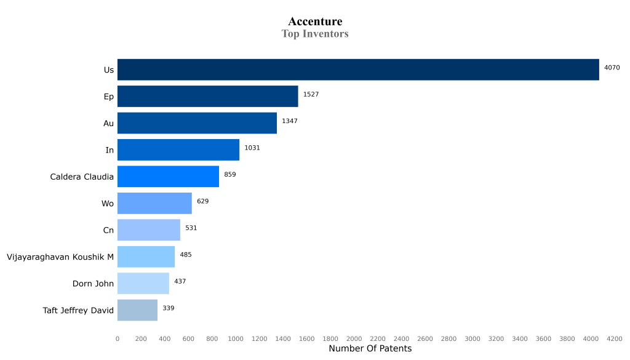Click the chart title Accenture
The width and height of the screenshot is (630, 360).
[315, 22]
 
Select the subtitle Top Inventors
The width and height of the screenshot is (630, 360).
[315, 34]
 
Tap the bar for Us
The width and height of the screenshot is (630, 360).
[358, 70]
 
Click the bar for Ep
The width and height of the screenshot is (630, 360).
[207, 97]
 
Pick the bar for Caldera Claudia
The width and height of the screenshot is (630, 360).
[168, 177]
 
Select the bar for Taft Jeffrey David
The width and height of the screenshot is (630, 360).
[137, 310]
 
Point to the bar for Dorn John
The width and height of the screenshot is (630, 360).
[143, 284]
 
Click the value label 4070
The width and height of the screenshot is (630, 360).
[612, 68]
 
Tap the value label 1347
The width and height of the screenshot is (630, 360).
[289, 121]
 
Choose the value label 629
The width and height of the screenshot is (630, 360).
[203, 201]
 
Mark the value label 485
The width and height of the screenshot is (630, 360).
[186, 255]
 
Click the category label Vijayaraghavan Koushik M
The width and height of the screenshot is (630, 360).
[60, 257]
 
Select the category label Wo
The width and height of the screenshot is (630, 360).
[108, 204]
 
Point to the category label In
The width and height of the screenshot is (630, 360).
[110, 150]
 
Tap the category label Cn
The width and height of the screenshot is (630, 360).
[108, 230]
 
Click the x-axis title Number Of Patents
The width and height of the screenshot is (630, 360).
[370, 349]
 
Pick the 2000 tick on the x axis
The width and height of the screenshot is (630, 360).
[354, 338]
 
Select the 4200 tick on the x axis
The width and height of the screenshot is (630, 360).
[614, 338]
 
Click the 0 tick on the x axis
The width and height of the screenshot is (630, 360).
[118, 338]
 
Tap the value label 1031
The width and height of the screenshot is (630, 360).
[253, 148]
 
